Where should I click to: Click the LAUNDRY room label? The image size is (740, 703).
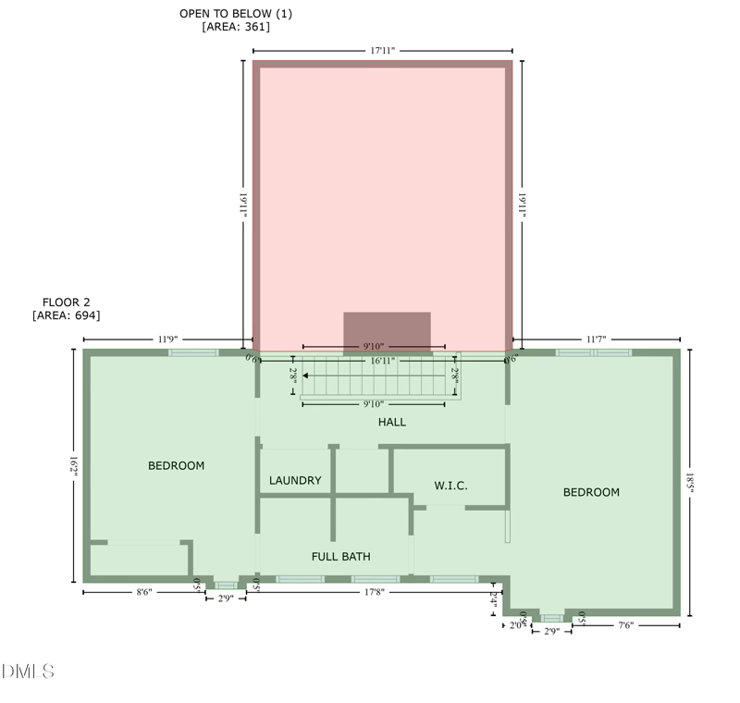[x=295, y=481]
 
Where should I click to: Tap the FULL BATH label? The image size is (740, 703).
[x=341, y=557]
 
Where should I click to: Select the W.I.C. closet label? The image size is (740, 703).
[x=451, y=486]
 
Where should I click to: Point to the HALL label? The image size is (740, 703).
[x=392, y=423]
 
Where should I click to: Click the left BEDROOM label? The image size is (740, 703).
[x=176, y=466]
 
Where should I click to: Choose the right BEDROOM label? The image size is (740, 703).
[x=591, y=493]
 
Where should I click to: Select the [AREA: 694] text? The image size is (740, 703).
[x=66, y=315]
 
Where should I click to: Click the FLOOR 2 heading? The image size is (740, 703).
[x=66, y=302]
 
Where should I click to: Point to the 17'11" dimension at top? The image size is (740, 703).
[x=382, y=51]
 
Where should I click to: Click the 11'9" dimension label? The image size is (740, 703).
[x=167, y=339]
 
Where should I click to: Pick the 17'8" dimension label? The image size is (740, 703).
[x=374, y=592]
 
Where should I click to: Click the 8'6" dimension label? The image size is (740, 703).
[x=143, y=592]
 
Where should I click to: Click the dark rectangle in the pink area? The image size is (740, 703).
[x=387, y=332]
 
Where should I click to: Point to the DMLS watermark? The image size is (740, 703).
[x=28, y=671]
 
